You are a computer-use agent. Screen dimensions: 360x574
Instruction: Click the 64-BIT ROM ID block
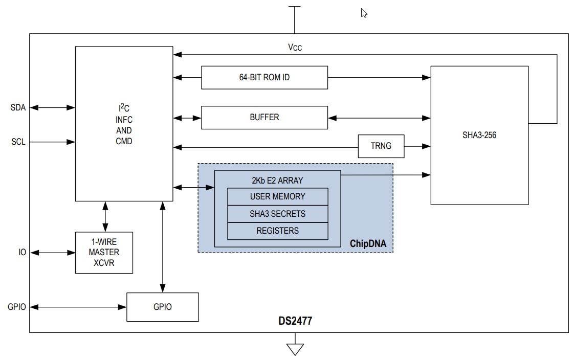[x=264, y=78]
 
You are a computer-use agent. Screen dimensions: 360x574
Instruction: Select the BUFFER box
[x=264, y=118]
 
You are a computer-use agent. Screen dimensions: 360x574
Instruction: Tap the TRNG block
[x=381, y=146]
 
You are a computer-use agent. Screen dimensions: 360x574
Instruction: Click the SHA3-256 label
[x=479, y=136]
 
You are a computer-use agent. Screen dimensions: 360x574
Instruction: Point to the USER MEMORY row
[x=277, y=196]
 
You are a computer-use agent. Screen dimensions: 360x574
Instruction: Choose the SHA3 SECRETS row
[x=277, y=214]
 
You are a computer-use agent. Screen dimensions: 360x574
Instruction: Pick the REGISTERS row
[x=277, y=231]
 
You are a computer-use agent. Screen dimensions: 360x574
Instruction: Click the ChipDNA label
[x=368, y=244]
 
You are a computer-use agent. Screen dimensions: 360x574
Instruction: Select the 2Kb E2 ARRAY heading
[x=277, y=180]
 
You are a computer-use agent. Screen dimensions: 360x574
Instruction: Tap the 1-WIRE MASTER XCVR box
[x=104, y=253]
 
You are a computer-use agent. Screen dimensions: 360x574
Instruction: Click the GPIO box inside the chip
[x=162, y=307]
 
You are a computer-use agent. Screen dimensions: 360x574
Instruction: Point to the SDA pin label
[x=18, y=107]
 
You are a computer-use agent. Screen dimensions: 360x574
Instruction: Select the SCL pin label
[x=18, y=142]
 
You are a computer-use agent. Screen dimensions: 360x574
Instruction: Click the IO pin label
[x=22, y=253]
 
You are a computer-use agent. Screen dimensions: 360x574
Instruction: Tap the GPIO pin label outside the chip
[x=17, y=307]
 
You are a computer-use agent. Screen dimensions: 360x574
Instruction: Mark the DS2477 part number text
[x=295, y=322]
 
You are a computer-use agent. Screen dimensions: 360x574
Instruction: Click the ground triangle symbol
[x=295, y=349]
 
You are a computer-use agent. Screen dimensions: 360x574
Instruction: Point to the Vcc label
[x=295, y=48]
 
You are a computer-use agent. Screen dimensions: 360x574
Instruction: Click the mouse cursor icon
[x=364, y=13]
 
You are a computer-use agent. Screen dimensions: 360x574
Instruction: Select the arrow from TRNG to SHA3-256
[x=417, y=147]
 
